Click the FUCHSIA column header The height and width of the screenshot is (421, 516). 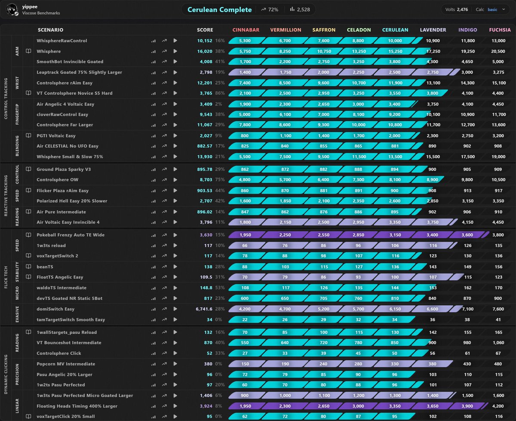tap(500, 30)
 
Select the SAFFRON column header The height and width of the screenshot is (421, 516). tap(324, 30)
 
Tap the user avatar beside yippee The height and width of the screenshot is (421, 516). tap(12, 9)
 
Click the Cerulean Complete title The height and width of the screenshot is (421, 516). tap(219, 9)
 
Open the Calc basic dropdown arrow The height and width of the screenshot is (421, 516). tap(504, 9)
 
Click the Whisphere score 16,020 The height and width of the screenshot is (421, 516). tap(205, 51)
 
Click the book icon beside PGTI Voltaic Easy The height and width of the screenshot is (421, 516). tap(28, 135)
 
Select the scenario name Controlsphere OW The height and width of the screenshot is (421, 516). tap(58, 180)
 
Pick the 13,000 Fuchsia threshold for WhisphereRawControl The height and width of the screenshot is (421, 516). tap(498, 40)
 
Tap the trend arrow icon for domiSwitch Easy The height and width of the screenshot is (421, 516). tap(164, 309)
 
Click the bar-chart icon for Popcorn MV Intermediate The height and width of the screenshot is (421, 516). tap(154, 364)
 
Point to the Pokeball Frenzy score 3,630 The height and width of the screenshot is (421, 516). tap(206, 235)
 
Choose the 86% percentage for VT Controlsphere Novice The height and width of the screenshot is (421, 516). tap(220, 93)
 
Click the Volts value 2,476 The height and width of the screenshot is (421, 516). tap(462, 9)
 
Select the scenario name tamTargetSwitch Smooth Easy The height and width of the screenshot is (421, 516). tap(71, 320)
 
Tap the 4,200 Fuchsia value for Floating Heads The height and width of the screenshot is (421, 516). tap(498, 406)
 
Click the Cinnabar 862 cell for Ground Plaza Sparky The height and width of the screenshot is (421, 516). tap(245, 169)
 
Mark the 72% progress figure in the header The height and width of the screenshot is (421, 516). tap(273, 9)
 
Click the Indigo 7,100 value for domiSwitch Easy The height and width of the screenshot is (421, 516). tap(467, 309)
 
